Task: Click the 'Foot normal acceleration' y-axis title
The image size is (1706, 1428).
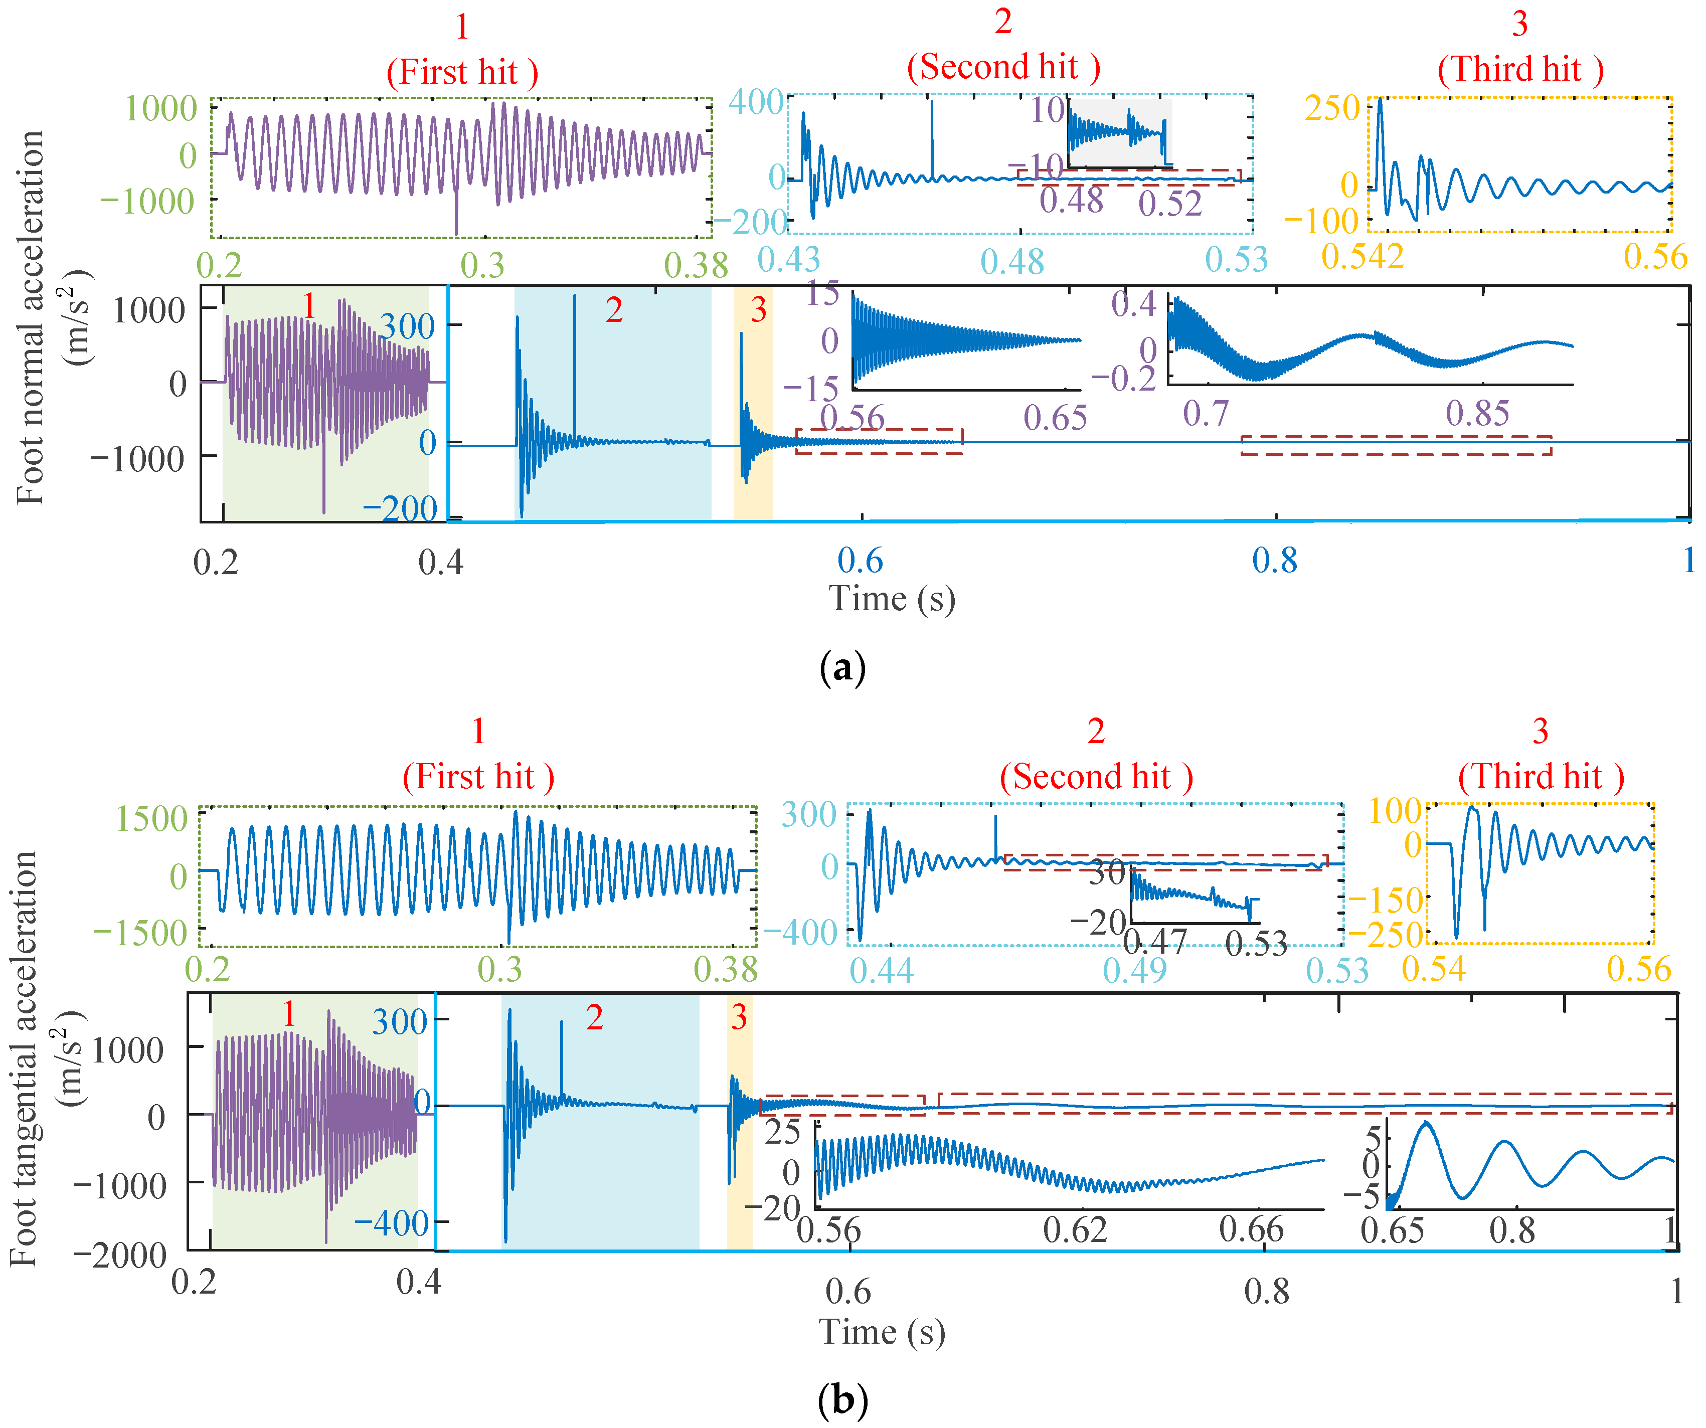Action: point(31,317)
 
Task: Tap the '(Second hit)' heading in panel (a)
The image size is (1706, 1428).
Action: point(1003,67)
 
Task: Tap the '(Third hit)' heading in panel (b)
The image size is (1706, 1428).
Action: point(1541,777)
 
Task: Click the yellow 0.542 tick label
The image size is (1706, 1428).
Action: point(1362,257)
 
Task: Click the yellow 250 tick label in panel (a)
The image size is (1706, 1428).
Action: point(1332,108)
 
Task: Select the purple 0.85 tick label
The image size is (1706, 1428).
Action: point(1477,414)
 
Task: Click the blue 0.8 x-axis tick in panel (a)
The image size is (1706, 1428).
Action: point(1275,561)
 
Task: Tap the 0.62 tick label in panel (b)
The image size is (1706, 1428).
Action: point(1075,1230)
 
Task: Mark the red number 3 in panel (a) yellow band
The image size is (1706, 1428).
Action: point(758,309)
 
